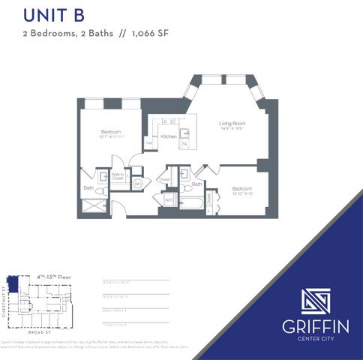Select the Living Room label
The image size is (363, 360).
pos(233,124)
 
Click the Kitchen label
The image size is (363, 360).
pos(168,137)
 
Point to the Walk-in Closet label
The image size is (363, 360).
pos(118,177)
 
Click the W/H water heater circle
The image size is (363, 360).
pos(138,184)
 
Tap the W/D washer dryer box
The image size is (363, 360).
pos(169,200)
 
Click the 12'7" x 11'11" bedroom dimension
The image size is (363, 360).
pos(111,137)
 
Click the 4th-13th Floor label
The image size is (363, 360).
pos(55,277)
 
